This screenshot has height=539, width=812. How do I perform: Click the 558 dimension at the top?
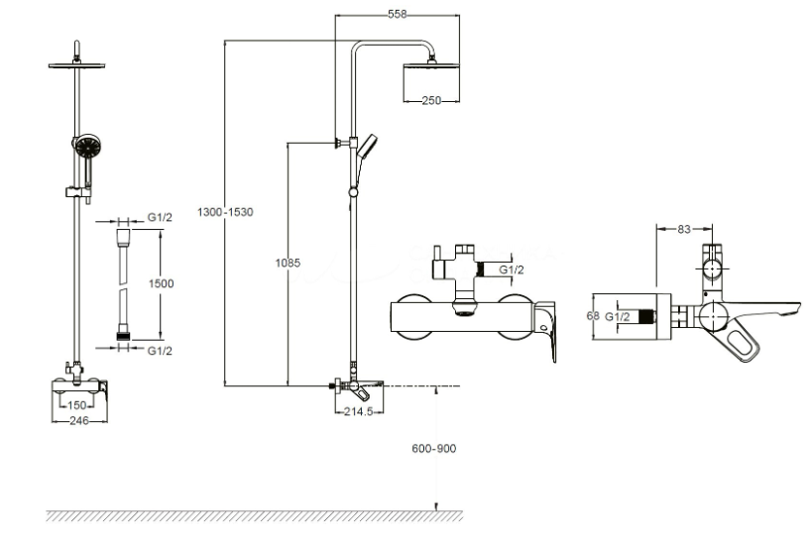click(x=398, y=15)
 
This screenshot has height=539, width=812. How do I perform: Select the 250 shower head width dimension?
click(x=431, y=100)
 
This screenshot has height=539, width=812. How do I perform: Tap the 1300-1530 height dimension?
click(x=225, y=212)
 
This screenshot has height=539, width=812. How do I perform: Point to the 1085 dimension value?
click(x=288, y=263)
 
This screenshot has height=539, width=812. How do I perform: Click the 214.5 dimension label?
click(x=358, y=412)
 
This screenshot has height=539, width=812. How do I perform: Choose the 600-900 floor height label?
click(x=434, y=449)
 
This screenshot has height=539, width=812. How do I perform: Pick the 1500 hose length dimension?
click(x=161, y=283)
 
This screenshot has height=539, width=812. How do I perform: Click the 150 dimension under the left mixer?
click(x=77, y=405)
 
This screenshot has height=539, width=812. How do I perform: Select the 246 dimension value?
click(x=78, y=421)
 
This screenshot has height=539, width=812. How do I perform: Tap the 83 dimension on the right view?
click(x=684, y=229)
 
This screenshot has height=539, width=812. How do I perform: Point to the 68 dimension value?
click(x=593, y=315)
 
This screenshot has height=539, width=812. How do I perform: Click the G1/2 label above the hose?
click(x=160, y=217)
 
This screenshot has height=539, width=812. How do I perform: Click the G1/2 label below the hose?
click(x=160, y=351)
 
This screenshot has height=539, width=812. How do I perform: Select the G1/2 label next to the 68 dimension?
click(x=618, y=317)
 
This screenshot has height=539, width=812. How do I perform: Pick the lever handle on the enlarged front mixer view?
click(x=546, y=330)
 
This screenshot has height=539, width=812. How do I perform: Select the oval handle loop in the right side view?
click(x=745, y=344)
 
